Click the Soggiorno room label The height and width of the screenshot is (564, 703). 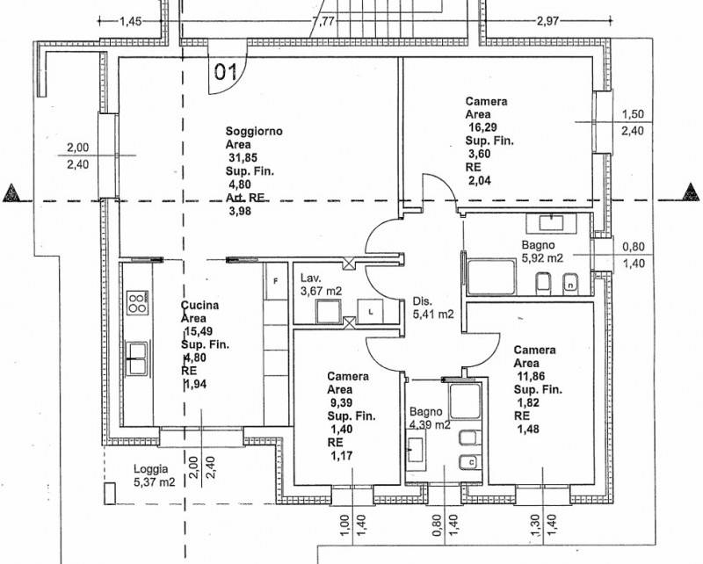pos(254,132)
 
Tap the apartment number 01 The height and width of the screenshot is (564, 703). pos(226,72)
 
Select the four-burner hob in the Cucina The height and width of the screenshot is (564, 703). pos(138,302)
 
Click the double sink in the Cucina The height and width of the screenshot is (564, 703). pos(136,358)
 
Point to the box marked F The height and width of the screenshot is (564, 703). pos(276,281)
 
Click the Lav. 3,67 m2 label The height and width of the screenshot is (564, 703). pos(321,285)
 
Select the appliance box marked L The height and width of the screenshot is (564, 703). pos(370,311)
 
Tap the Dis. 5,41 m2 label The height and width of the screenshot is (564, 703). pos(433,307)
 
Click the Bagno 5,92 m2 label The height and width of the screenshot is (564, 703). pos(542,251)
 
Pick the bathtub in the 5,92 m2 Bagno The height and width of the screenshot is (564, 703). pos(491,277)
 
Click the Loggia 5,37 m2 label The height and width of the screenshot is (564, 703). pos(155,475)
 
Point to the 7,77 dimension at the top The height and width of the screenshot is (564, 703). pos(323,21)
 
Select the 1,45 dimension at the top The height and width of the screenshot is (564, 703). pos(130,21)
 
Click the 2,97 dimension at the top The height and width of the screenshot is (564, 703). pos(547,21)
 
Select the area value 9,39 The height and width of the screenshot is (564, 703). pos(340,402)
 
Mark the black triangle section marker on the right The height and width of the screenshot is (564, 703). pos(691,192)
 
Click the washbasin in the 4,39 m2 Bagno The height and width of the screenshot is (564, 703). pos(416,450)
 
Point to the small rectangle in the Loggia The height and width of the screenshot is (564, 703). pos(110,494)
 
